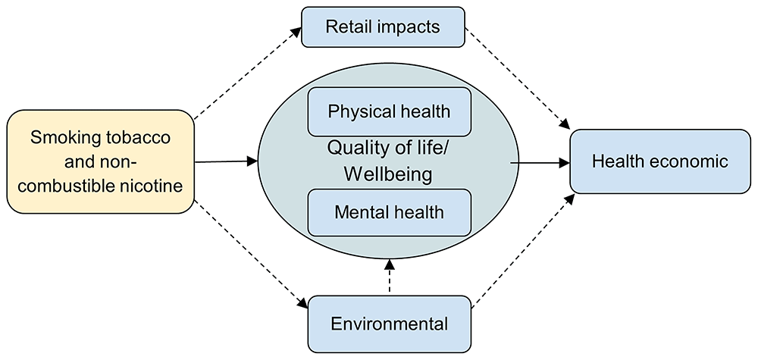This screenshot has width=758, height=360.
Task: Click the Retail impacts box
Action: click(382, 27)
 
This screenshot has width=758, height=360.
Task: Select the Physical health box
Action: click(389, 111)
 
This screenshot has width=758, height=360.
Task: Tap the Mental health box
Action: click(389, 211)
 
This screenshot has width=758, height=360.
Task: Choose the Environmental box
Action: click(389, 324)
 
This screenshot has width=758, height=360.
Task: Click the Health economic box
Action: click(659, 161)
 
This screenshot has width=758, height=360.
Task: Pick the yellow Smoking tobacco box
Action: click(100, 161)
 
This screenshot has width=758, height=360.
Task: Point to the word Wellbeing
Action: click(388, 174)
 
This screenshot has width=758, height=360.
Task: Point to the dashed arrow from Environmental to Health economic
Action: click(523, 250)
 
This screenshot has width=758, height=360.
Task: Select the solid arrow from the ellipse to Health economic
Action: click(540, 161)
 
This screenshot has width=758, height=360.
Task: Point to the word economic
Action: click(688, 161)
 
